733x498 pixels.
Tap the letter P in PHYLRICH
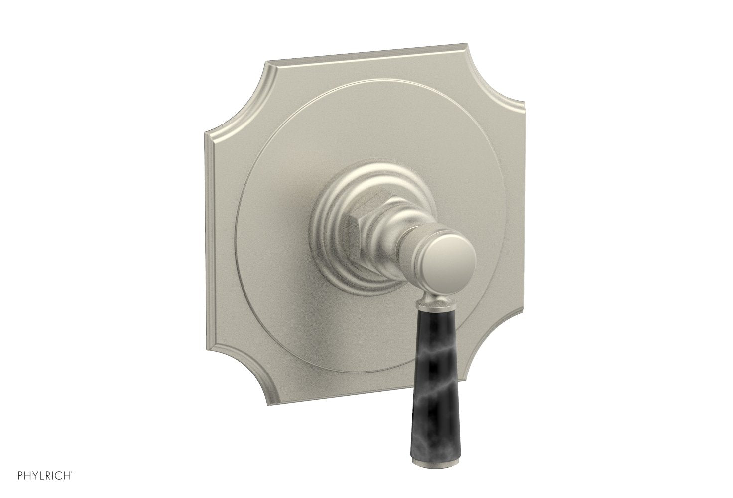pyautogui.click(x=8, y=483)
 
